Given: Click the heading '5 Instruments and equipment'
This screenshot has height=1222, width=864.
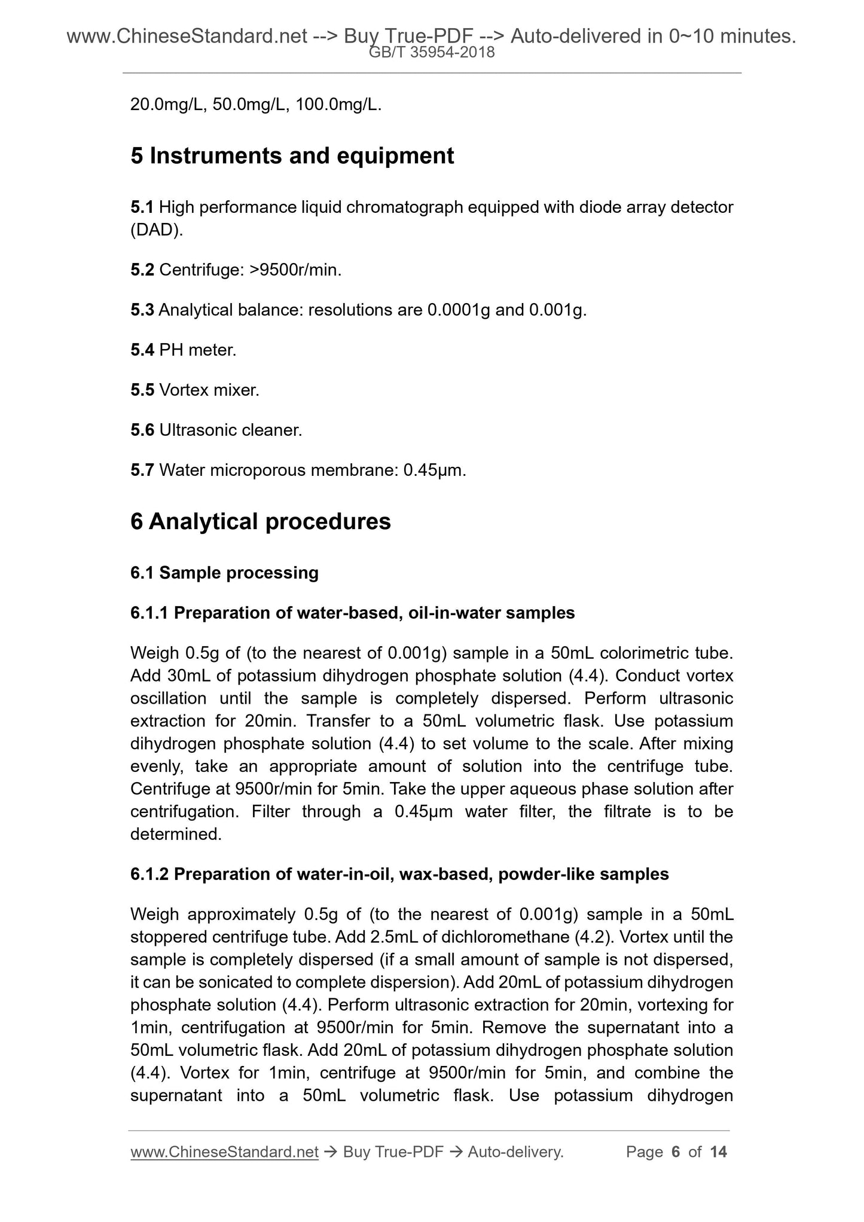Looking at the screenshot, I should (x=292, y=156).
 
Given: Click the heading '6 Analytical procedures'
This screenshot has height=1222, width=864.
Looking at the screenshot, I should (x=260, y=521).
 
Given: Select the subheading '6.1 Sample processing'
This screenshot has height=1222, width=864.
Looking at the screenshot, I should (x=224, y=573).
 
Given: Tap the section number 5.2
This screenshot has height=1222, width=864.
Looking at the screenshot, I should (x=142, y=270).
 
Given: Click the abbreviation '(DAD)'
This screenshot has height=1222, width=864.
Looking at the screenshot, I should (x=156, y=230).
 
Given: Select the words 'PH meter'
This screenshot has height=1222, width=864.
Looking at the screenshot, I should (x=197, y=350).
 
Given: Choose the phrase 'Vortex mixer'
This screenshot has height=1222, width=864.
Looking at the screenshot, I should (x=209, y=390).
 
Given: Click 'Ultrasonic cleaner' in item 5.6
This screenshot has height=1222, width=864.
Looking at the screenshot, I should (x=230, y=430).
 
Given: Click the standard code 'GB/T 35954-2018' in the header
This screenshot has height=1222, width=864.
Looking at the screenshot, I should (x=431, y=53).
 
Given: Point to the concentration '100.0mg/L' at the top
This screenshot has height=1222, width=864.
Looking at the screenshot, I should (x=337, y=105).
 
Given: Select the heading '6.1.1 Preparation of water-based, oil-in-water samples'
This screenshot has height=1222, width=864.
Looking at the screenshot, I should (x=352, y=613).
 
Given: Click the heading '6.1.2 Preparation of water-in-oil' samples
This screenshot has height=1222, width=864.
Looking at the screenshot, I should (x=399, y=874).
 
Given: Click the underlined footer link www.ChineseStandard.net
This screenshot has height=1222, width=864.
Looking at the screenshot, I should (x=224, y=1152).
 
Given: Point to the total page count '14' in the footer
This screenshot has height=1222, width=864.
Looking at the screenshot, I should (x=718, y=1152).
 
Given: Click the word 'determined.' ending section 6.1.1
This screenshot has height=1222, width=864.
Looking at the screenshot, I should (x=176, y=834).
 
